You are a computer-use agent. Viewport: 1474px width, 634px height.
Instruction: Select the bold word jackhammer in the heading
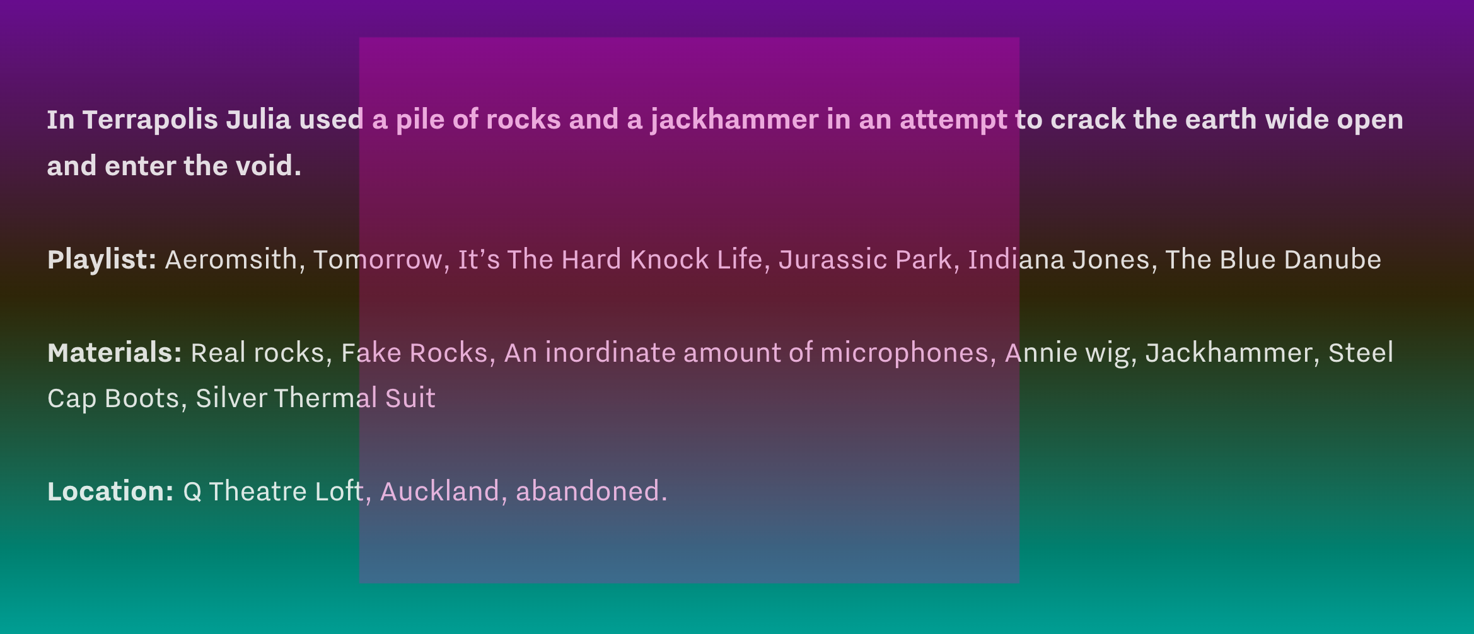click(734, 120)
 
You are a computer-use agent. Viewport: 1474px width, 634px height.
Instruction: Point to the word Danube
click(1333, 260)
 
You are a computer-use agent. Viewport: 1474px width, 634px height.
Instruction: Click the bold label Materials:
click(115, 353)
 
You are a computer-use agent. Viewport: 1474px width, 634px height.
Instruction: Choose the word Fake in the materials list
click(371, 353)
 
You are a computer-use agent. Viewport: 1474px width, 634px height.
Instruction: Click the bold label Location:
click(110, 492)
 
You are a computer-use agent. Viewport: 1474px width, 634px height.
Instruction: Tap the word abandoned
click(591, 492)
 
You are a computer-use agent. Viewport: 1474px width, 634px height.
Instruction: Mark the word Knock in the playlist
click(670, 260)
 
